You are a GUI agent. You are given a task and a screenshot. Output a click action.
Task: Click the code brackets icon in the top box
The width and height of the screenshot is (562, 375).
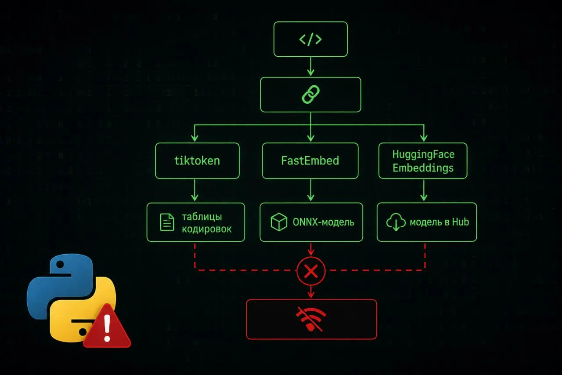(x=310, y=39)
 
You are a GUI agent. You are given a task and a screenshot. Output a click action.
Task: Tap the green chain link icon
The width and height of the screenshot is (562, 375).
(x=310, y=95)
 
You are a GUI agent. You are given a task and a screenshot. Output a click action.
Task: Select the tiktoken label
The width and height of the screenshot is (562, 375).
(x=197, y=161)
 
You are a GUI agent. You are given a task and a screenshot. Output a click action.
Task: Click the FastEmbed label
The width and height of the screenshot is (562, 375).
(x=310, y=161)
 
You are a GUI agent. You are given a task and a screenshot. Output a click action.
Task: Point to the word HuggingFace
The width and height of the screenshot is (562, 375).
(x=423, y=154)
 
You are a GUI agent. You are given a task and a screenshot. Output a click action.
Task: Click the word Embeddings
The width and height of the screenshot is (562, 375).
(x=423, y=168)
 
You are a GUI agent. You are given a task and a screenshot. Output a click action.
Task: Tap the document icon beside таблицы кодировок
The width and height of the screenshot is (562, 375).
(x=167, y=222)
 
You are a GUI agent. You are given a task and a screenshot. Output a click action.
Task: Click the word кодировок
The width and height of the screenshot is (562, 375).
(x=207, y=229)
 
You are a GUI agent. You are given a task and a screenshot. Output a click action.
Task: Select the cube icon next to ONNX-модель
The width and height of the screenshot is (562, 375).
(x=279, y=222)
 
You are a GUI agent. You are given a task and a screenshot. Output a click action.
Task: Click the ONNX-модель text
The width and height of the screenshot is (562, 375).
(x=324, y=222)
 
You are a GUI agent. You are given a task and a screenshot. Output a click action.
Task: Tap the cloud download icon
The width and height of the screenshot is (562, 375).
(x=396, y=222)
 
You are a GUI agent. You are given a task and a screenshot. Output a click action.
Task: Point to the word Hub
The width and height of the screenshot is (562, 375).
(x=461, y=222)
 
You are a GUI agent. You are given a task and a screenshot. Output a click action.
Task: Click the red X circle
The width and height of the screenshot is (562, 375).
(x=311, y=271)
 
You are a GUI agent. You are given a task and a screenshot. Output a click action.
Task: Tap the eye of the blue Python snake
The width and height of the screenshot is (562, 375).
(x=60, y=264)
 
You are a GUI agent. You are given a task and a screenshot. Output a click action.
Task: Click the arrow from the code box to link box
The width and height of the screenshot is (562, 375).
(x=310, y=66)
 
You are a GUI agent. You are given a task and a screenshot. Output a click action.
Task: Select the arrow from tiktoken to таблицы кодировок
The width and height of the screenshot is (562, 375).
(x=195, y=190)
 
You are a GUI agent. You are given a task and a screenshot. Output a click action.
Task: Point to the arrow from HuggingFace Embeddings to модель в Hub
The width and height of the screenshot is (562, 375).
(x=424, y=190)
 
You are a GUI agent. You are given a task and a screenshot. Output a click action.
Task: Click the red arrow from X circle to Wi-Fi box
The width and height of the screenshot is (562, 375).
(x=311, y=292)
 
